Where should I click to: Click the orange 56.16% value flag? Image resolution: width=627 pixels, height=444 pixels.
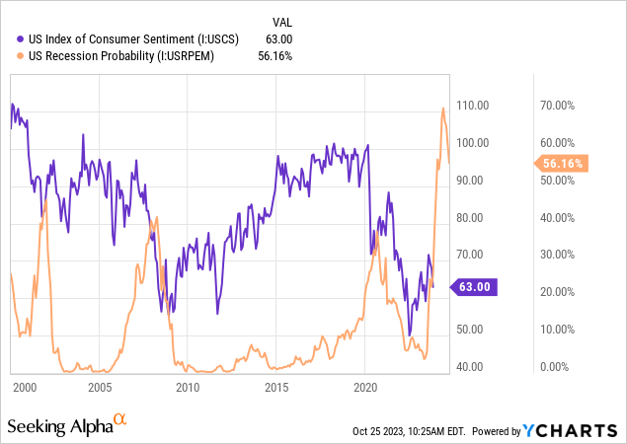tap(561, 164)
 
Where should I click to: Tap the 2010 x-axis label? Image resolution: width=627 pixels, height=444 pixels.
tap(187, 388)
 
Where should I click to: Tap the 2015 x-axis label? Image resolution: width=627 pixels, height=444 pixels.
tap(276, 388)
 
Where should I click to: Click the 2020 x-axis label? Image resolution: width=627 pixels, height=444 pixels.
tap(366, 388)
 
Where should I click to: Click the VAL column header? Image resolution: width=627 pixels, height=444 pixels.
tap(280, 22)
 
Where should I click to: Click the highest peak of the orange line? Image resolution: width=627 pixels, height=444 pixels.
tap(442, 108)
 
